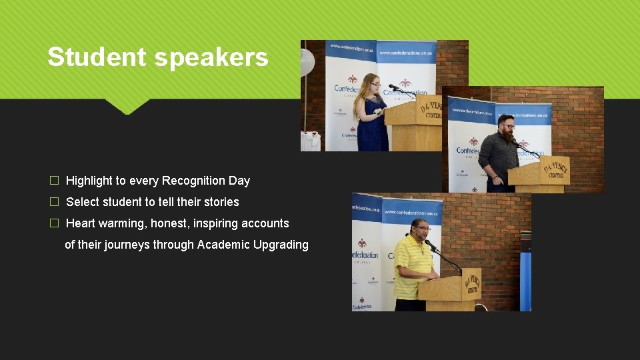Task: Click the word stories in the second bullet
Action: click(221, 202)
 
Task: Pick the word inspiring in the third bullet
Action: click(215, 223)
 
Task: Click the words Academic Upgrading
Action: click(253, 245)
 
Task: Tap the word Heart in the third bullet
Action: click(81, 223)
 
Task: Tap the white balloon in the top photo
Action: click(307, 63)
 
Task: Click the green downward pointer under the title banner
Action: click(126, 106)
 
